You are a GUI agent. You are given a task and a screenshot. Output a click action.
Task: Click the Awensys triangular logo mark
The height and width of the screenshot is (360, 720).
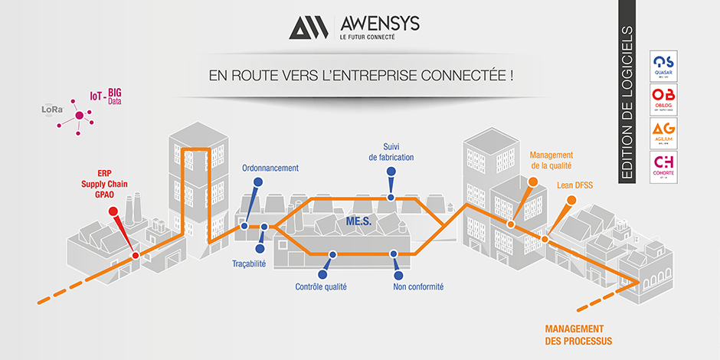click(x=309, y=28)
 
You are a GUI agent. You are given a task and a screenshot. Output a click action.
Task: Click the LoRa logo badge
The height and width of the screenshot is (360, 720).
click(x=53, y=110)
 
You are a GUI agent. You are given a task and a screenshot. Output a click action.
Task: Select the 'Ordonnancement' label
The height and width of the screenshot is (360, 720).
click(x=270, y=168)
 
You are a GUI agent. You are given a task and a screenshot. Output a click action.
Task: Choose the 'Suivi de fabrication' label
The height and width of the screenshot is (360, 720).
click(x=391, y=152)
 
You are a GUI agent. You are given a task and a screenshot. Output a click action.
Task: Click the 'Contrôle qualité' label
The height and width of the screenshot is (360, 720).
click(x=321, y=287)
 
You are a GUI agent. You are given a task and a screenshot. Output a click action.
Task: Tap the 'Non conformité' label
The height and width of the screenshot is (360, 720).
click(x=418, y=287)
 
